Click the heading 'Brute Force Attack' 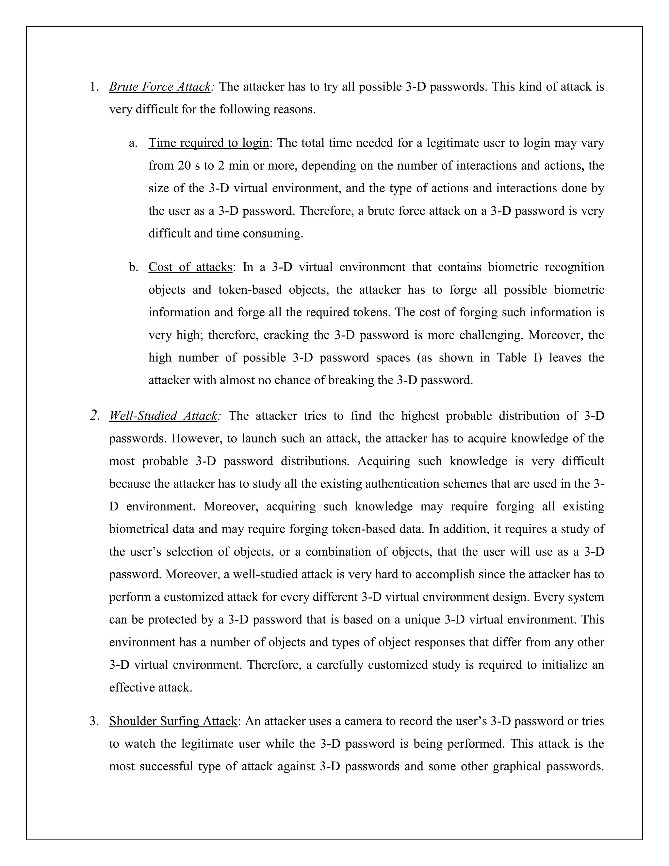(x=160, y=87)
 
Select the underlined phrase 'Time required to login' (x=209, y=143)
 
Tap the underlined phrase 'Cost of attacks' (x=190, y=267)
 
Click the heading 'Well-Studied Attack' (x=163, y=416)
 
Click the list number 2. (x=94, y=416)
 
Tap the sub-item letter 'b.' (x=134, y=267)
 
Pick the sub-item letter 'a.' (x=133, y=143)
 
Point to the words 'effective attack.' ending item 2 (x=151, y=688)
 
